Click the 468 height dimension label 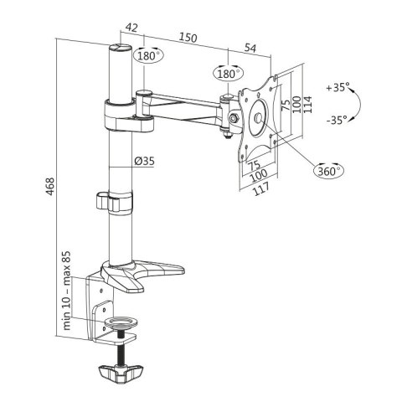50,187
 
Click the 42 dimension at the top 131,28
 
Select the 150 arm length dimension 188,38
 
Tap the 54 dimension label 250,48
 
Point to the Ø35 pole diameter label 144,161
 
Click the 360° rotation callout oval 329,170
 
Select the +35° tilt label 338,87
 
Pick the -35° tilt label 337,120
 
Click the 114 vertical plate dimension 307,105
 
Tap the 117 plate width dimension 261,189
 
